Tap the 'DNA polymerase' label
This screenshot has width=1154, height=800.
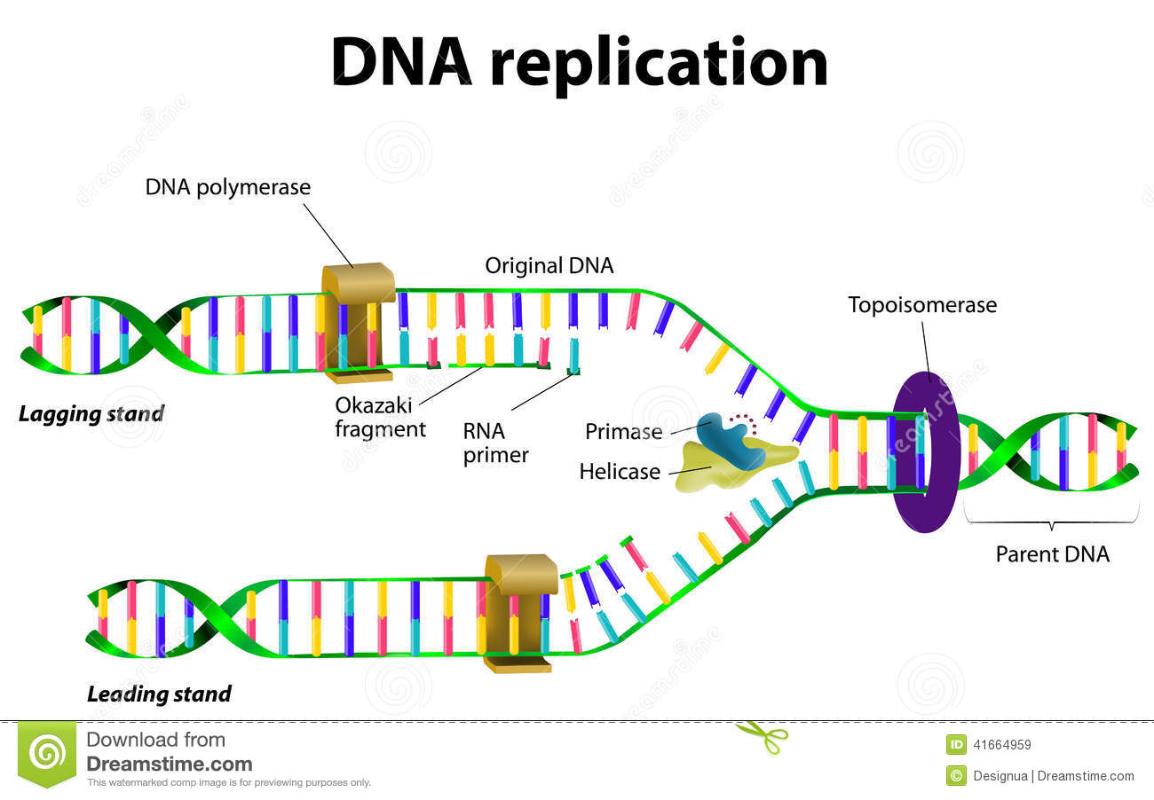coord(228,187)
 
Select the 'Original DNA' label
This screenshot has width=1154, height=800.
coord(549,265)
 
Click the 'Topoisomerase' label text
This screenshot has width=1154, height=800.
coord(922,305)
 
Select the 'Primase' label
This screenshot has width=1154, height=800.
coord(623,432)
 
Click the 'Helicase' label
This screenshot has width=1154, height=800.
coord(620,471)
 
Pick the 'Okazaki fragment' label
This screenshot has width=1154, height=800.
coord(380,417)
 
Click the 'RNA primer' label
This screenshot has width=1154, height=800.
coord(495,443)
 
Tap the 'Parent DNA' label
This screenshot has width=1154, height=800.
coord(1052,554)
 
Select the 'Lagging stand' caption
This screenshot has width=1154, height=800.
coord(91,413)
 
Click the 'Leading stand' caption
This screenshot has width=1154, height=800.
coord(159,694)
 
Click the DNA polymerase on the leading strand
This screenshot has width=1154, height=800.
coord(519,612)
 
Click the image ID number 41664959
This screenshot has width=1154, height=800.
coord(1002,745)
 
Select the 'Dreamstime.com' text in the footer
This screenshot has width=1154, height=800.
coord(169,764)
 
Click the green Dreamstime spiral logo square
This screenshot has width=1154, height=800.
coord(47,753)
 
